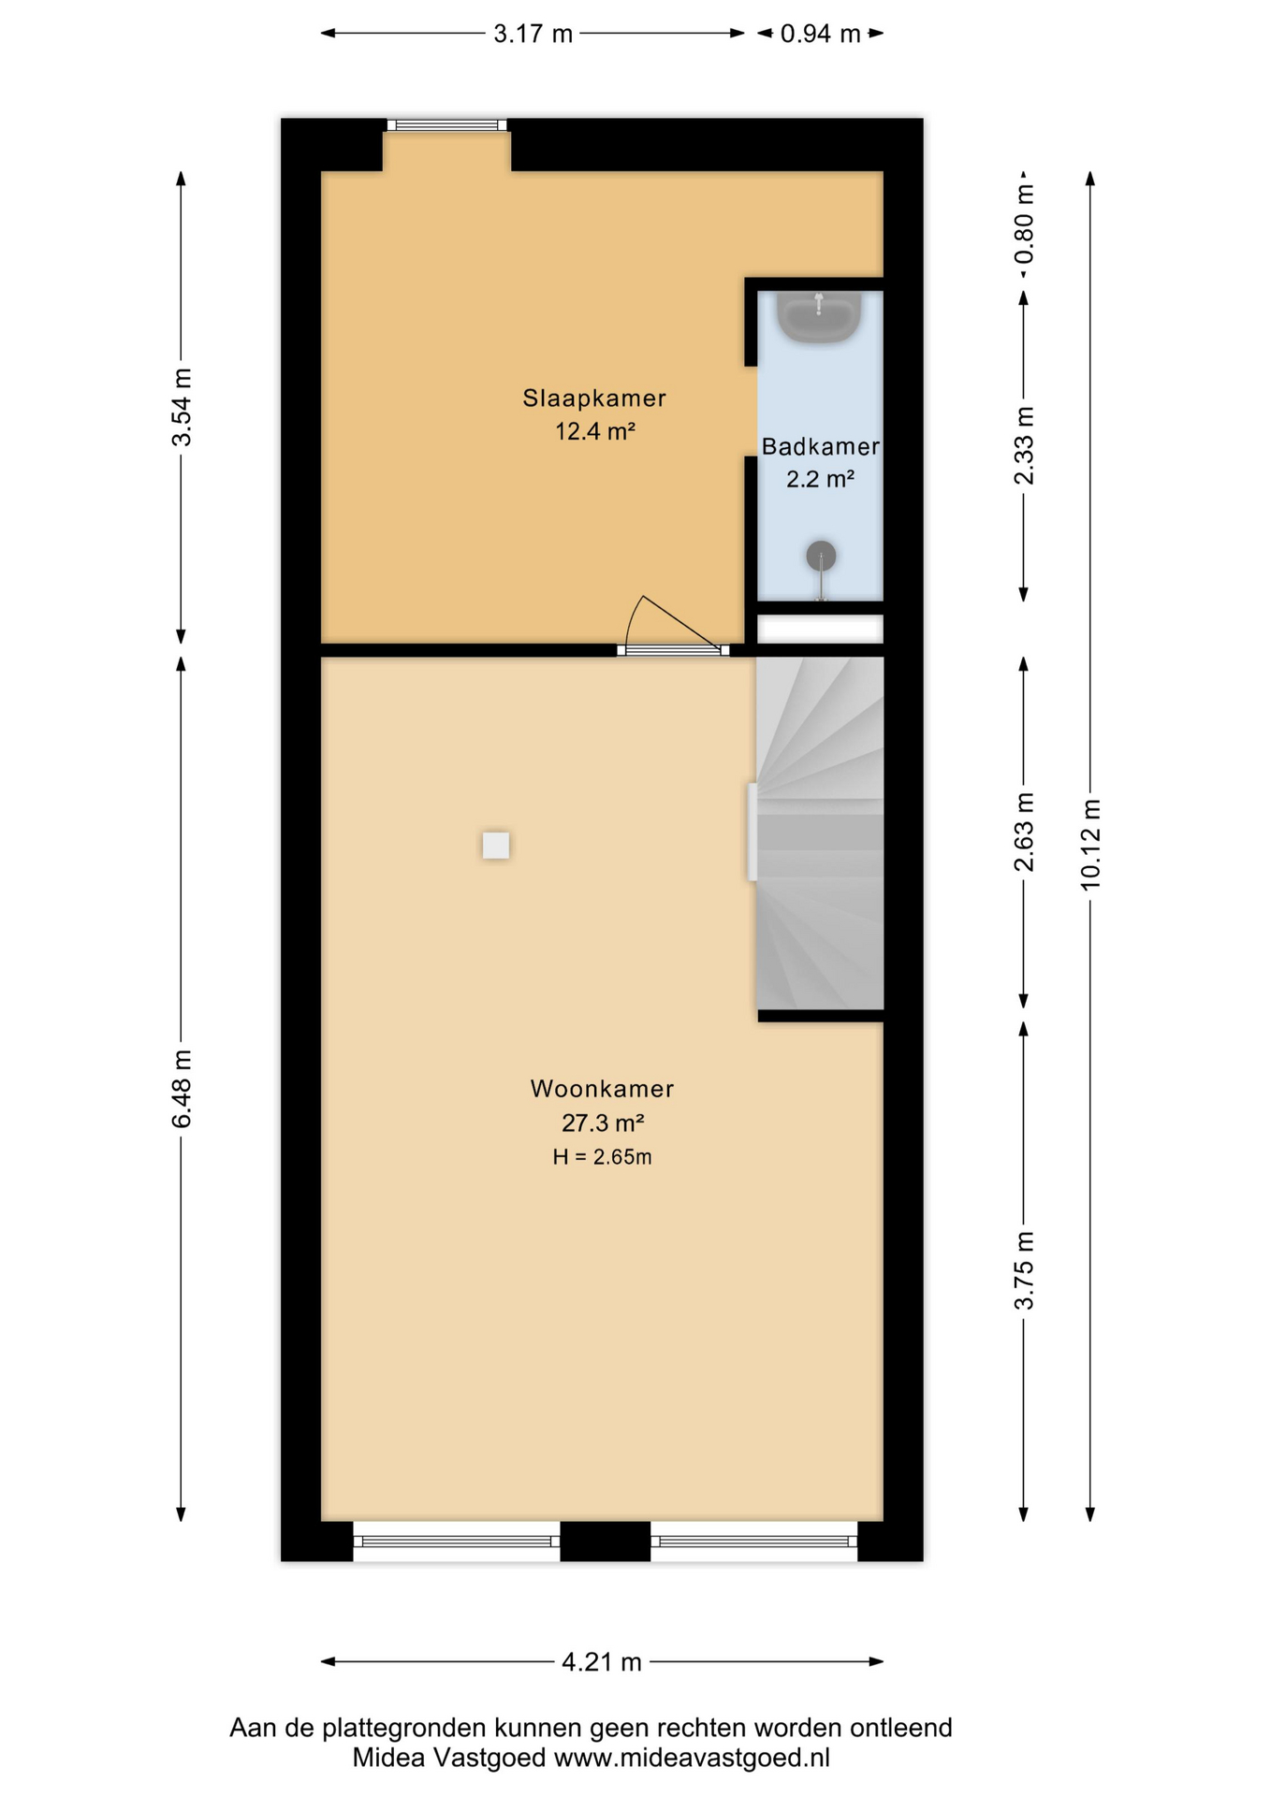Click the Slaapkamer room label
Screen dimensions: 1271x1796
tap(594, 398)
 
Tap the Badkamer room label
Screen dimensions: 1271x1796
tap(820, 447)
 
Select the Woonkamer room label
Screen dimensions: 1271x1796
tap(602, 1089)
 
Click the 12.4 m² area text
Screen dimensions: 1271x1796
tap(595, 431)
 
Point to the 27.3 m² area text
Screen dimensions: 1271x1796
tap(602, 1122)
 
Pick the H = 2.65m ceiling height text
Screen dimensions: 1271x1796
tap(602, 1157)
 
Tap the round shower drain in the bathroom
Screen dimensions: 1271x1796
tap(821, 556)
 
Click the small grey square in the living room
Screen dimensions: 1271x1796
tap(496, 846)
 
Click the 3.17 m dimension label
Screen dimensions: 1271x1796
tap(533, 35)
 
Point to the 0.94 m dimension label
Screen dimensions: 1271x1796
tap(820, 35)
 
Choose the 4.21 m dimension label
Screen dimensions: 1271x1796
tap(602, 1662)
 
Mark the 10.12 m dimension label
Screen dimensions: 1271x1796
tap(1090, 845)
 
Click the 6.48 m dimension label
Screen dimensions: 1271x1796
tap(182, 1088)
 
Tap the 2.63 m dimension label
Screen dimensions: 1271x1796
tap(1025, 832)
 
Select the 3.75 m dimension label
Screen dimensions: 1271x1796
tap(1025, 1270)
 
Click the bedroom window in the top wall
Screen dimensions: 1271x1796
tap(447, 125)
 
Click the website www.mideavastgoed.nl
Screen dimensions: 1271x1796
tap(692, 1759)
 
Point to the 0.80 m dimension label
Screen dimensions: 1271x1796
tap(1025, 224)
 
